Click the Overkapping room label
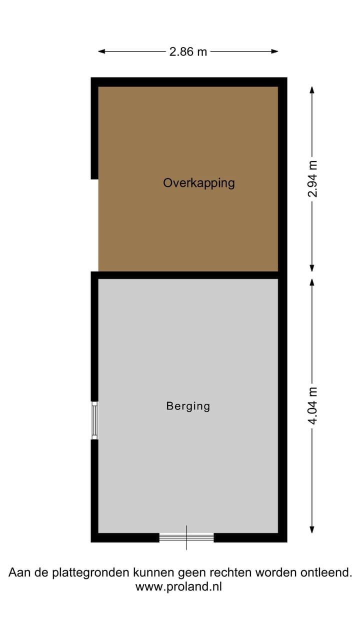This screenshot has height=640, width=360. point(198,183)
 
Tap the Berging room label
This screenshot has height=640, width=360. point(188,406)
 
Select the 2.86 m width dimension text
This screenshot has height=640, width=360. point(188,51)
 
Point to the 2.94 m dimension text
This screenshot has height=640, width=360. point(312,178)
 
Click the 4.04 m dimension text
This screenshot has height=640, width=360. point(312,406)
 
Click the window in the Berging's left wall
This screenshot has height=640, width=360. point(94,420)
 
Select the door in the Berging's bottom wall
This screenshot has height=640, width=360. point(186,537)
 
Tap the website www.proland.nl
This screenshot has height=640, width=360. point(178,587)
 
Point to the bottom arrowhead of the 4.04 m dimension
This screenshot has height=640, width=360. point(312,530)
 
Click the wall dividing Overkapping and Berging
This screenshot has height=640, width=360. point(187,275)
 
